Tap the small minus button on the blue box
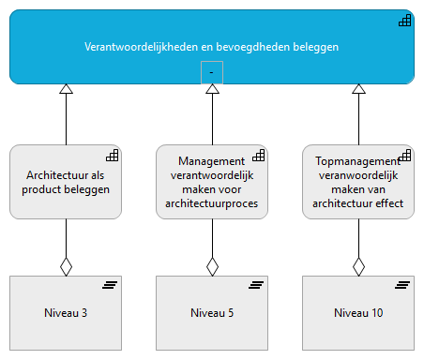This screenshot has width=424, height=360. coord(212,72)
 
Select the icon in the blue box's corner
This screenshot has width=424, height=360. coord(404,22)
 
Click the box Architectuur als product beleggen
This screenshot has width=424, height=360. coord(66,182)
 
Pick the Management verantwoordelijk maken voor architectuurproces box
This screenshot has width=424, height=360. coord(212,182)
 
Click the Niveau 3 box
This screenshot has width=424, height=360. coord(66,312)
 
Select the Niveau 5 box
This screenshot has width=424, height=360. coord(212,312)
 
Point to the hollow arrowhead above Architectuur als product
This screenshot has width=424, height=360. coord(66,89)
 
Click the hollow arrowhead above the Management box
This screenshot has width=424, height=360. coord(212,89)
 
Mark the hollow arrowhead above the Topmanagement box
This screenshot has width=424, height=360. coord(358,89)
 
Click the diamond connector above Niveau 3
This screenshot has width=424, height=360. coord(66,266)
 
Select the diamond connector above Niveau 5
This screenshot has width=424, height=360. coord(212,266)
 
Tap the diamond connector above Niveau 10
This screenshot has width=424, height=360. coord(358,266)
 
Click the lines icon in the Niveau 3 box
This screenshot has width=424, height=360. coord(109,285)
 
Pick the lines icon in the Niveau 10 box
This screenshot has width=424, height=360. coord(401,285)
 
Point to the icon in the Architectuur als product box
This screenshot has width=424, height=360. coord(111,155)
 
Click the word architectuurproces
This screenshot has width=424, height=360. coord(212,202)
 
